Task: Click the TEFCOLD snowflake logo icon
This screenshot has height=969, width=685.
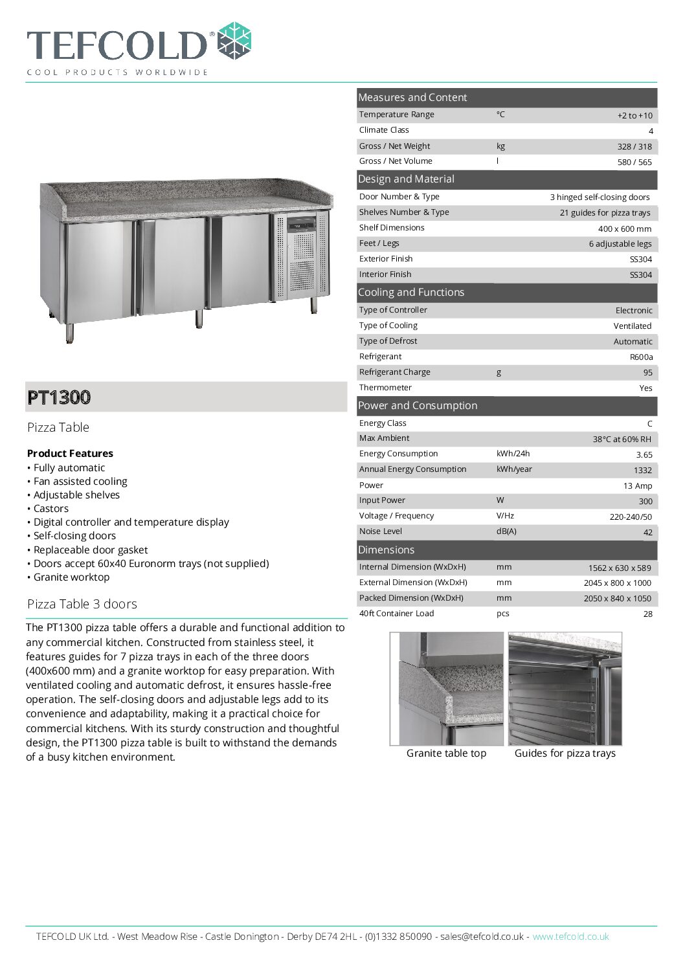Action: point(234,41)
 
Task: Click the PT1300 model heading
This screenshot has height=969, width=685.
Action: point(59,397)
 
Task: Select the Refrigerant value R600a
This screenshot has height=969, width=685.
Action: point(641,357)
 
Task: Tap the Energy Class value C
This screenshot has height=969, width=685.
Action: point(649,424)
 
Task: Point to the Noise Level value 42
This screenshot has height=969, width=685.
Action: point(647,533)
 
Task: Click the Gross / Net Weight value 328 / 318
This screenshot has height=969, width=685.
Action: point(634,147)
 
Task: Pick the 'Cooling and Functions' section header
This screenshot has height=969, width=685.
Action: point(411,293)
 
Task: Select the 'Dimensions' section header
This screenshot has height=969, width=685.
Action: point(386,550)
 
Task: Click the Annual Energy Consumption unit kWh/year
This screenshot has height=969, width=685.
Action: point(514,469)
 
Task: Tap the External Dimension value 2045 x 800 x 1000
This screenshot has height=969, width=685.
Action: point(617,583)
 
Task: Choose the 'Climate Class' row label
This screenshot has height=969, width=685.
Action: point(384,130)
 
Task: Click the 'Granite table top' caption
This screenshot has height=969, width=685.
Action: point(446,753)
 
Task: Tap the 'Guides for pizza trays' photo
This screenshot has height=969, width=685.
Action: point(565,689)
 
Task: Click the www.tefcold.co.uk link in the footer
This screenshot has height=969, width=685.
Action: point(570,937)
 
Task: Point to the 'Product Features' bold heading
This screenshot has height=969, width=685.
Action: point(70,454)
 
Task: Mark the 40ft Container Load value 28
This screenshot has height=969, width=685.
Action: point(647,614)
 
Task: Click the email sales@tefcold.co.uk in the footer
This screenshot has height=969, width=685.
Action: point(482,937)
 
